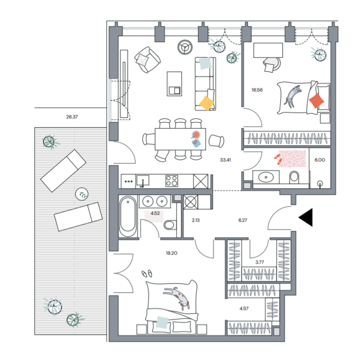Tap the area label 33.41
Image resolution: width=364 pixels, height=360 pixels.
(225, 160)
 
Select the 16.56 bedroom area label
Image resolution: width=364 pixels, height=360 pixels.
(257, 90)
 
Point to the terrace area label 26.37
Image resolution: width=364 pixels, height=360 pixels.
(72, 117)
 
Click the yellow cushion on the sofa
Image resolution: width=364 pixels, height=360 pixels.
(206, 103)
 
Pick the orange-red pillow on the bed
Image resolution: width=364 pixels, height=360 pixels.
(316, 101)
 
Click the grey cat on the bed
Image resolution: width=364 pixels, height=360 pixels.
(292, 96)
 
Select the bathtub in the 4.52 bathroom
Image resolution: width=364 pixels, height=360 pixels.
(127, 217)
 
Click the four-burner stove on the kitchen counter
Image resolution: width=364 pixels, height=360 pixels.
(172, 181)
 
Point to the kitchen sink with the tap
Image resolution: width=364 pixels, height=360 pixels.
(143, 181)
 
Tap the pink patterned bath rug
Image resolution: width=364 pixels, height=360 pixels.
(292, 159)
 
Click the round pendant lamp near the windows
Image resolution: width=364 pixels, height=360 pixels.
(185, 47)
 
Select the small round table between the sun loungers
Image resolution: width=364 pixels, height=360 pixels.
(82, 194)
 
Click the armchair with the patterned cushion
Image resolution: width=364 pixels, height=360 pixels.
(147, 60)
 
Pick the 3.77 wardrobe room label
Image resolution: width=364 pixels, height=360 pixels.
(260, 262)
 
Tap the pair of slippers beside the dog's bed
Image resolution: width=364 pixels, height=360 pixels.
(147, 273)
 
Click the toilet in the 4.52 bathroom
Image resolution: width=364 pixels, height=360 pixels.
(169, 225)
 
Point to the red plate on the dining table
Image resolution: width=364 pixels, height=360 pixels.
(196, 135)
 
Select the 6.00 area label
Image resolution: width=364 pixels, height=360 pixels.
(320, 160)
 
